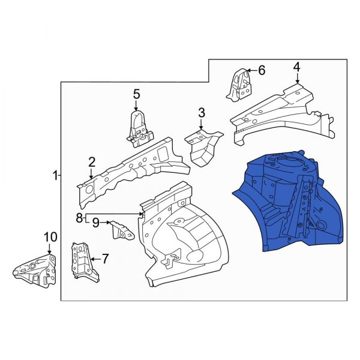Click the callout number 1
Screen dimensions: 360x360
(54, 176)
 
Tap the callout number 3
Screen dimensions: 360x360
(202, 112)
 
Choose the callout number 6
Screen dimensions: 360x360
(261, 70)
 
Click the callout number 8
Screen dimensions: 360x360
(79, 218)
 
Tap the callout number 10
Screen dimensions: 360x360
(49, 238)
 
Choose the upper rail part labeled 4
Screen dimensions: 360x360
(276, 114)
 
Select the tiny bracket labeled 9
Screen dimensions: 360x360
(121, 230)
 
